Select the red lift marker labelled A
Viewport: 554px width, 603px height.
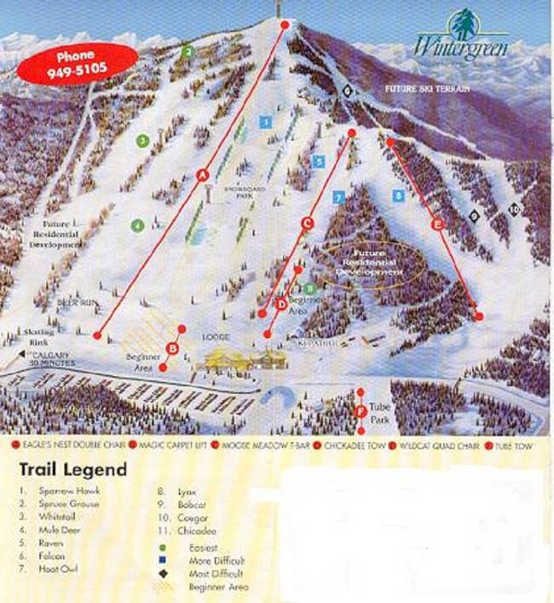click(x=203, y=175)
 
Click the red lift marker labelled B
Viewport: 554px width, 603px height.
click(x=173, y=348)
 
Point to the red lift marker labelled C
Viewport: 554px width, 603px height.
click(x=309, y=223)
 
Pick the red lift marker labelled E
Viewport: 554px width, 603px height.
click(x=438, y=225)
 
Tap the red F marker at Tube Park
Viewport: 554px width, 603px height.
click(x=361, y=412)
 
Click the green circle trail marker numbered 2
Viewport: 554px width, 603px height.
click(x=188, y=51)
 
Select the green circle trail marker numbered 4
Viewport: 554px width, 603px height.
click(x=137, y=226)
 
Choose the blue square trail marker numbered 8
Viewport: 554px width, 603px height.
click(x=398, y=195)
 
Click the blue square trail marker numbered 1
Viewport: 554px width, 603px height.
click(x=267, y=122)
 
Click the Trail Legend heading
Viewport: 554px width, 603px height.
click(x=72, y=469)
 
